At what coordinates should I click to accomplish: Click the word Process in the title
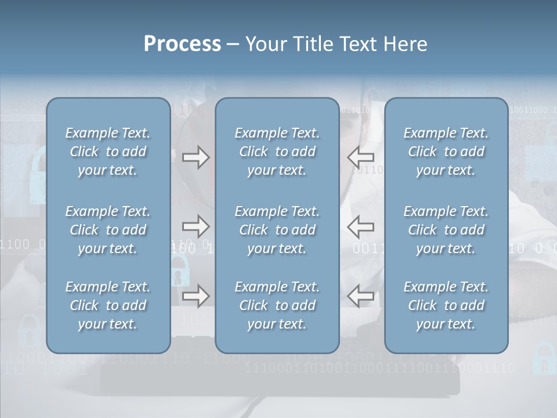point(182,44)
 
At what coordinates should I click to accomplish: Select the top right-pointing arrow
point(196,157)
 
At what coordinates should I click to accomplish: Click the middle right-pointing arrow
point(196,225)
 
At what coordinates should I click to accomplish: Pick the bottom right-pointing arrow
point(196,296)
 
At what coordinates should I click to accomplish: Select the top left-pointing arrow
point(361,157)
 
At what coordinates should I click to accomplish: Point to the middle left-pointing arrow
point(361,226)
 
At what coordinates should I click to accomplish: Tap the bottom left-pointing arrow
point(361,296)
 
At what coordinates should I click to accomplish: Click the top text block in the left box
point(108,152)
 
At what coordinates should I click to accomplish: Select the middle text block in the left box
point(108,230)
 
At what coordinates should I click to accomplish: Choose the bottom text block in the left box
point(108,305)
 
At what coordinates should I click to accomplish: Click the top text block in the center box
point(277,152)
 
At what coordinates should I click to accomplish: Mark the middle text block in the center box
point(277,230)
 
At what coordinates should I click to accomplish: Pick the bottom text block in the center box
point(277,305)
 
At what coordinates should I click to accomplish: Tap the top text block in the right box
point(446,152)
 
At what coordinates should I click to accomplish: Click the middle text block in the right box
point(446,230)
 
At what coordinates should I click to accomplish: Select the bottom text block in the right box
point(446,305)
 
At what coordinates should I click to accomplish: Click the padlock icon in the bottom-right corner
point(544,358)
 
